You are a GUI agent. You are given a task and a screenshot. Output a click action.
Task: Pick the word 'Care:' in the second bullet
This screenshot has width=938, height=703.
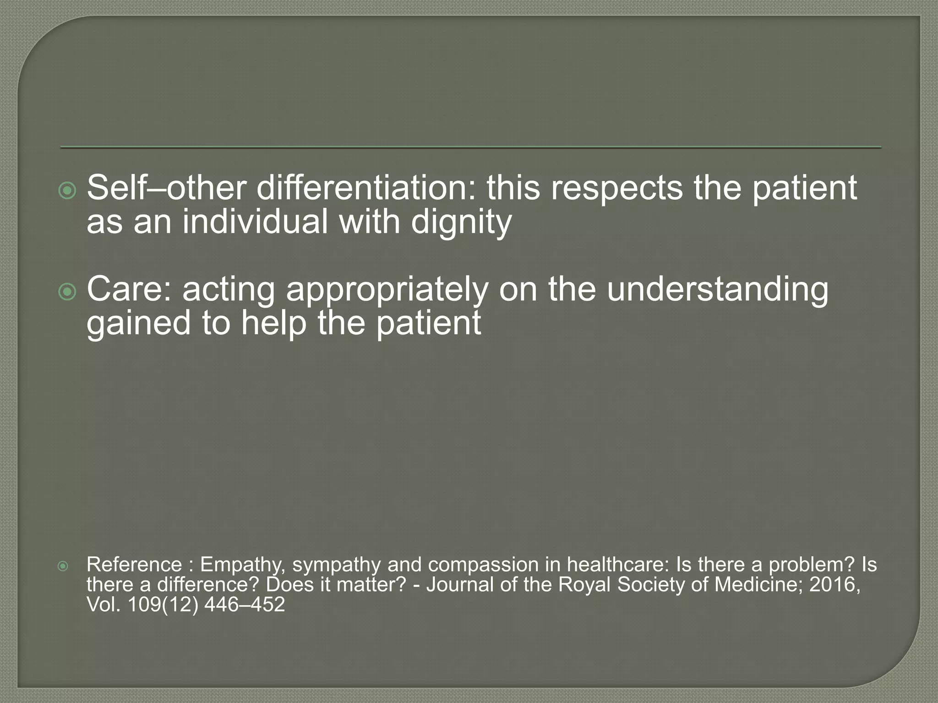pyautogui.click(x=129, y=289)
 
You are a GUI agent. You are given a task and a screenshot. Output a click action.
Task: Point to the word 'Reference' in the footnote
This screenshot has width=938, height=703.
pyautogui.click(x=134, y=564)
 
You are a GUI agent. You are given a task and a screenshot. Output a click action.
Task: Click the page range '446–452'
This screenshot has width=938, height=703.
pyautogui.click(x=245, y=605)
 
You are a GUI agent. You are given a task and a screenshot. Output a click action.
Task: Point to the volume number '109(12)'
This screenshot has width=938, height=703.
pyautogui.click(x=163, y=605)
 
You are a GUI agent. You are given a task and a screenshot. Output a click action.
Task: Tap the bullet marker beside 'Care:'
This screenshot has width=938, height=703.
pyautogui.click(x=68, y=292)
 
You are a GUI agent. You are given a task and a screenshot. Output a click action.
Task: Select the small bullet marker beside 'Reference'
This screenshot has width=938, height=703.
pyautogui.click(x=63, y=567)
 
